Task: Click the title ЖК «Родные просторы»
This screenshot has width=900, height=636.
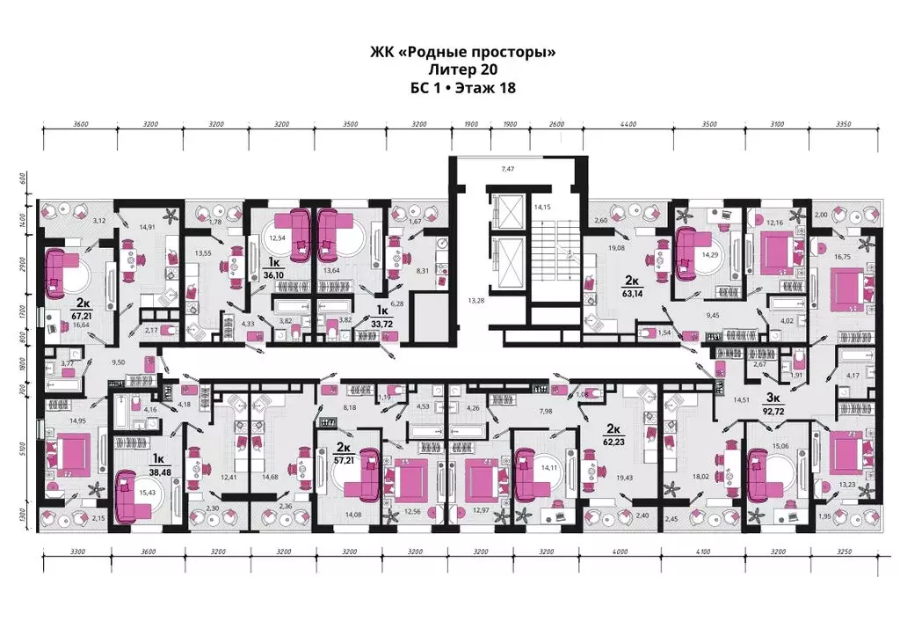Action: (463, 53)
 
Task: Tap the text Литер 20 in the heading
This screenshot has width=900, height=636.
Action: (463, 70)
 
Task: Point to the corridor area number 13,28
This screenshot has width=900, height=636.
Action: (477, 301)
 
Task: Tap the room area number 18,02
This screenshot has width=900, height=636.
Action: (701, 477)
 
